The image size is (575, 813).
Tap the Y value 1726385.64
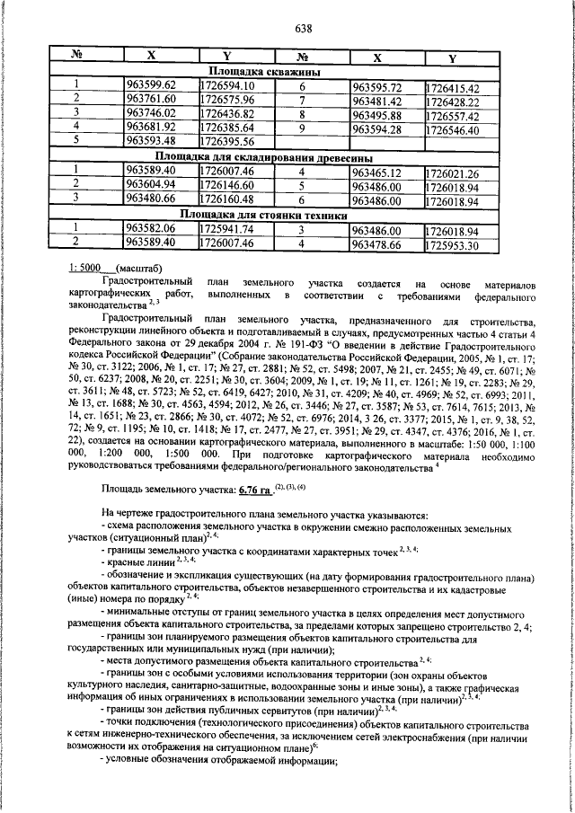pyautogui.click(x=226, y=128)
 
